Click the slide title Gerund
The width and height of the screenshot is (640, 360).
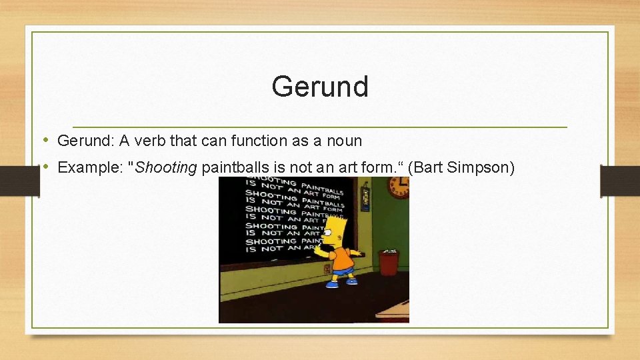320,87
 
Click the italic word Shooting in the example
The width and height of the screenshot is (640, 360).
166,167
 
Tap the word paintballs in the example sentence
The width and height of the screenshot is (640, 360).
232,167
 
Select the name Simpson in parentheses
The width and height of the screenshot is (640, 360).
478,167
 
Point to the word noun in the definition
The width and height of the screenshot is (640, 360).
345,141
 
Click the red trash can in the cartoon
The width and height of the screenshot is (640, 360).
388,262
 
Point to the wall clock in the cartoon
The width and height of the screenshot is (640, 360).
399,187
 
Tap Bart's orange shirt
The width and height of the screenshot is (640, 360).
342,256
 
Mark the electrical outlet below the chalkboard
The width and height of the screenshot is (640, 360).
327,269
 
